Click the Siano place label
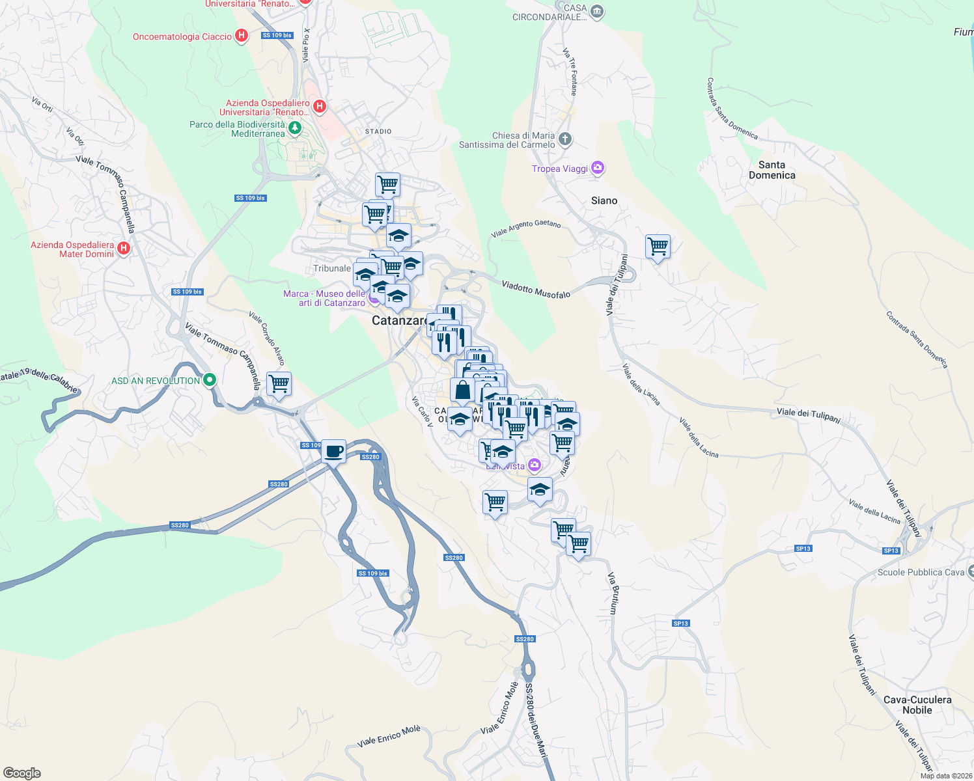click(x=604, y=200)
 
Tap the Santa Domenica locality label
click(x=772, y=170)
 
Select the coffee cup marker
click(x=334, y=451)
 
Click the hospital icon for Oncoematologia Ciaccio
click(x=242, y=36)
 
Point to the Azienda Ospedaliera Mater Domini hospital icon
click(x=124, y=248)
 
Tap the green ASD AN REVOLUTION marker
click(x=209, y=380)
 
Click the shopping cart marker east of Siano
click(x=658, y=247)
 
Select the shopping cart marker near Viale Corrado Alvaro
click(x=279, y=384)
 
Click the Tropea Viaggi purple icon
click(x=597, y=168)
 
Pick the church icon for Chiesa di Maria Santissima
click(x=565, y=139)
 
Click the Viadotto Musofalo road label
click(x=536, y=290)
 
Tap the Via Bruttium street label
click(x=612, y=593)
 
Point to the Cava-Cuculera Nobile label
click(x=917, y=705)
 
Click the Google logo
click(x=21, y=773)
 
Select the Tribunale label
click(x=332, y=268)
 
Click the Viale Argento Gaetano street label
click(x=525, y=228)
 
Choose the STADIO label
click(x=378, y=131)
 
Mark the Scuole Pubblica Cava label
click(x=921, y=572)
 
